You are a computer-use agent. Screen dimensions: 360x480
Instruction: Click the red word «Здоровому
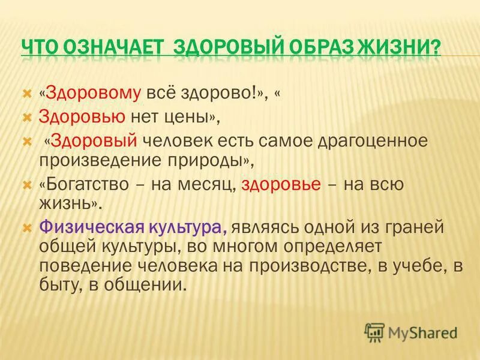(x=90, y=94)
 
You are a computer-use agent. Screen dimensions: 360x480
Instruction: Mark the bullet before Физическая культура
(x=26, y=228)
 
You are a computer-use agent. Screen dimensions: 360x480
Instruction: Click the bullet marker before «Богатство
(x=26, y=184)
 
